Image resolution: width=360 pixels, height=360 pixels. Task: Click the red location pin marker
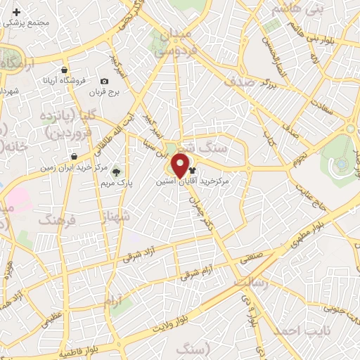coord(180,167)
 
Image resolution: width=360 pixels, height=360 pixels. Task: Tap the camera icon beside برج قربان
coord(105,82)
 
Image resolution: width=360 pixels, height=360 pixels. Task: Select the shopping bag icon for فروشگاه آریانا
coord(65,70)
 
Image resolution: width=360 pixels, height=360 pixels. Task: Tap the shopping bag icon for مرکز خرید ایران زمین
coord(74,156)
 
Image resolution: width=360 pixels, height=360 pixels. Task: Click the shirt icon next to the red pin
coord(193,169)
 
